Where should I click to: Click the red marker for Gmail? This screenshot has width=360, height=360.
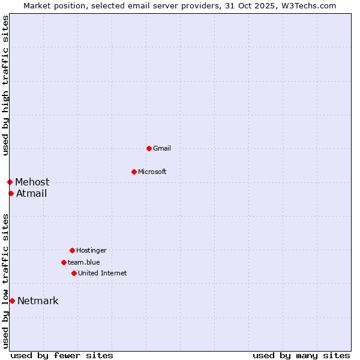pyautogui.click(x=149, y=148)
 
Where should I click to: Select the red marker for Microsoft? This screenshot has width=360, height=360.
pyautogui.click(x=134, y=172)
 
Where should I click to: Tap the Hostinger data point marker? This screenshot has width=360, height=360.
pyautogui.click(x=72, y=250)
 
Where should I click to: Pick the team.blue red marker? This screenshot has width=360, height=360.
pyautogui.click(x=64, y=262)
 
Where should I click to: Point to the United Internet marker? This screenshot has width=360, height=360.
pyautogui.click(x=74, y=273)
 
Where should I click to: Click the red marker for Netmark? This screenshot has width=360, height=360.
pyautogui.click(x=12, y=301)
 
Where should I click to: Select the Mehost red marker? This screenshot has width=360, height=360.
pyautogui.click(x=10, y=182)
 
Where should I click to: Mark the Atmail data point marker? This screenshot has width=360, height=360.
pyautogui.click(x=11, y=193)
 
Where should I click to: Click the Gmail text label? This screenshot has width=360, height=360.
pyautogui.click(x=162, y=148)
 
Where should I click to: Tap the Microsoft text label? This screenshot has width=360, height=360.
pyautogui.click(x=152, y=172)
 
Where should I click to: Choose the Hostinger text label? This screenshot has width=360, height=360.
pyautogui.click(x=91, y=250)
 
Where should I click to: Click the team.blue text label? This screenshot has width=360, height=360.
pyautogui.click(x=84, y=262)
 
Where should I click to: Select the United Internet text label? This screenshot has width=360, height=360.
pyautogui.click(x=103, y=273)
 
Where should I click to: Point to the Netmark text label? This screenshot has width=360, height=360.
pyautogui.click(x=38, y=301)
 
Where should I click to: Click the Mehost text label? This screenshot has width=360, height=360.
pyautogui.click(x=32, y=182)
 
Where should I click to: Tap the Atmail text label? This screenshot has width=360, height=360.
pyautogui.click(x=31, y=193)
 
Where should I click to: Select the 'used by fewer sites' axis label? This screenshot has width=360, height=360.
pyautogui.click(x=62, y=355)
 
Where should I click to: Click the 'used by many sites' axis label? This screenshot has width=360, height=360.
pyautogui.click(x=301, y=355)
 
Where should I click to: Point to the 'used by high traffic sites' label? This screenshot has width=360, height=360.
pyautogui.click(x=5, y=85)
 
